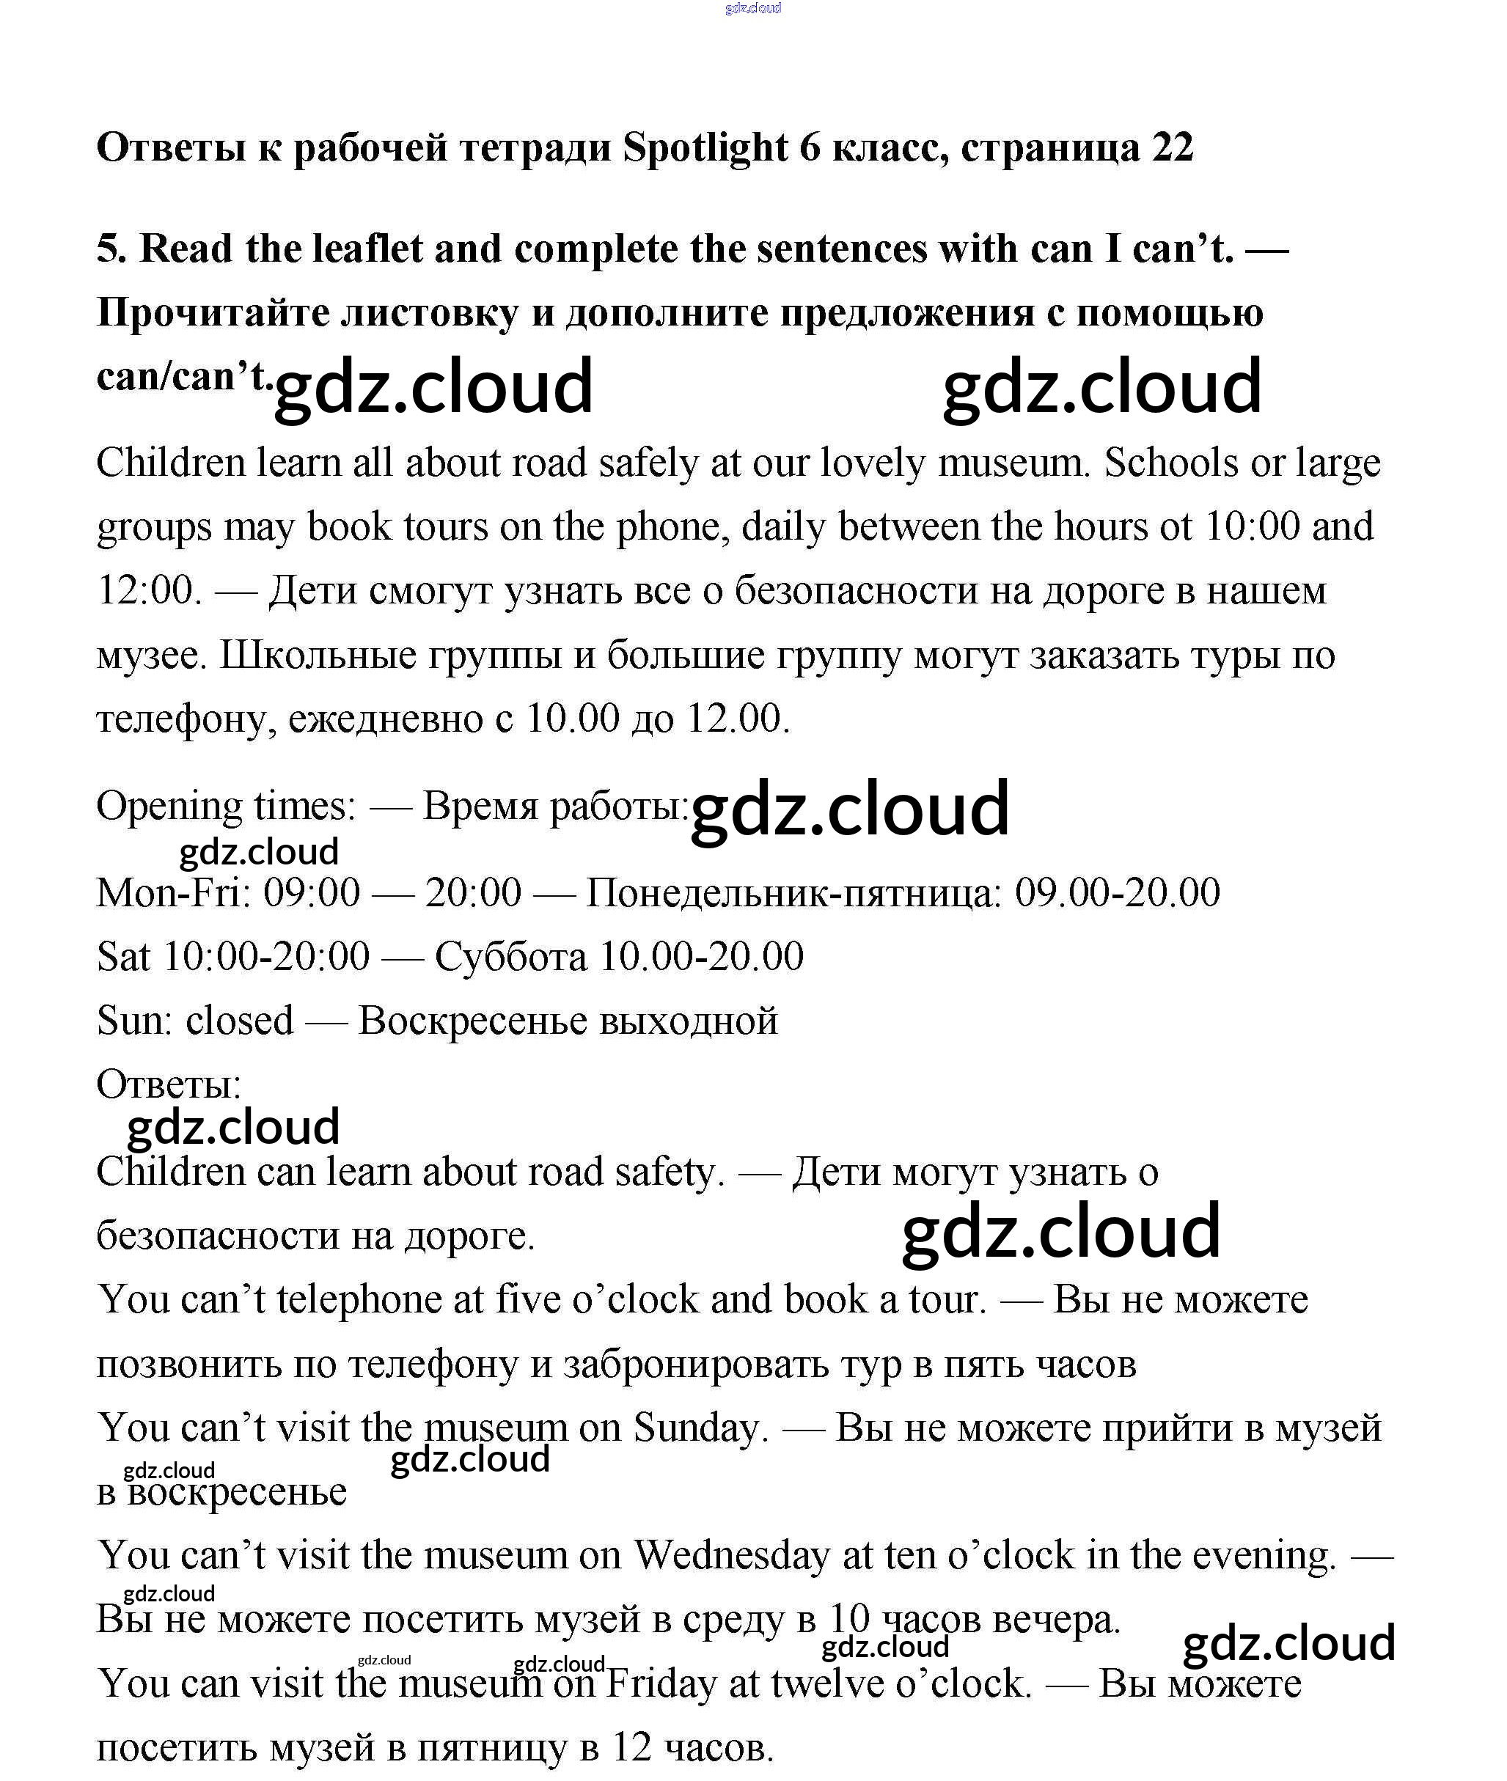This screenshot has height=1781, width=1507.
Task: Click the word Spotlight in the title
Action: [705, 149]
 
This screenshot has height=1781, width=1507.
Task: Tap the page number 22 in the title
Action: [1172, 149]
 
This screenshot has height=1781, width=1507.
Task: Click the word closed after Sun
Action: [239, 1021]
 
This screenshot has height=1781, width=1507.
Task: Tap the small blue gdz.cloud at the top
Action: [752, 9]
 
